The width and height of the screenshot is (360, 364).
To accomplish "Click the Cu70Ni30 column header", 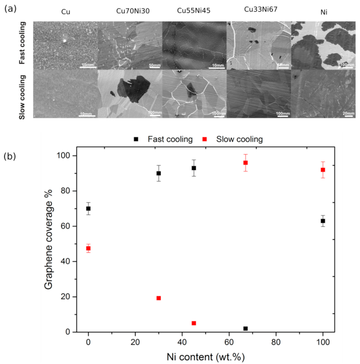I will point(129,12).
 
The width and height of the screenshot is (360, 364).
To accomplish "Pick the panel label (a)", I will point(10,8).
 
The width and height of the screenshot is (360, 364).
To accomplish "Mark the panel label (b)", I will point(10,156).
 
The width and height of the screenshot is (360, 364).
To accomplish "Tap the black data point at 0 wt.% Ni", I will point(89,208).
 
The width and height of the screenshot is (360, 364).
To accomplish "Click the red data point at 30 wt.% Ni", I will point(159,298).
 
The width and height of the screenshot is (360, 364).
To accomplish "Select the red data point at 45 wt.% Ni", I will point(194,323).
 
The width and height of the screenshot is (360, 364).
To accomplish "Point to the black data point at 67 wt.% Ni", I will point(245,328).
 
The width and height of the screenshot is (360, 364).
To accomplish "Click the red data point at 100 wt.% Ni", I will point(323,170).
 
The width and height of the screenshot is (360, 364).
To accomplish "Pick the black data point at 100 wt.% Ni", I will point(323,221).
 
